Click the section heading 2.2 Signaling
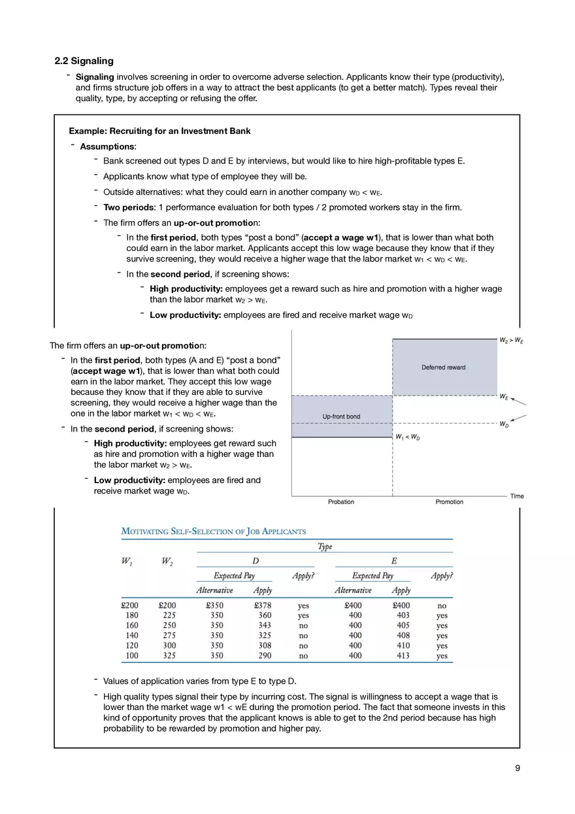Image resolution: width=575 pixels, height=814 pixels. click(x=84, y=61)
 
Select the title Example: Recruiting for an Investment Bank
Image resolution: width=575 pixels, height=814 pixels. click(x=159, y=131)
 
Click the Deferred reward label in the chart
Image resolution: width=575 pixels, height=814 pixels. click(x=443, y=367)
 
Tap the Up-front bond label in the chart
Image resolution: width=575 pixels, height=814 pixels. click(x=341, y=416)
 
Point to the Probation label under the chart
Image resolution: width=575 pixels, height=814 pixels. click(x=340, y=502)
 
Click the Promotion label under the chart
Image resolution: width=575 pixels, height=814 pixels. click(x=449, y=502)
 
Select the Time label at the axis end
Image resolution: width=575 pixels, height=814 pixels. click(x=517, y=496)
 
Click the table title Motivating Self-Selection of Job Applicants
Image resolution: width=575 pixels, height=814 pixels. click(x=213, y=532)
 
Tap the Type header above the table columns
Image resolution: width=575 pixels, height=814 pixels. click(x=324, y=547)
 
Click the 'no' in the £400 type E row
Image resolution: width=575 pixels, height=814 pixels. click(x=442, y=605)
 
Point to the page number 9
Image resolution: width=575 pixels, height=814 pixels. click(x=517, y=768)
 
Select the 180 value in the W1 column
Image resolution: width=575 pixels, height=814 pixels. click(x=131, y=615)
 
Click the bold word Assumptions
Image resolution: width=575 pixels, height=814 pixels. click(x=107, y=146)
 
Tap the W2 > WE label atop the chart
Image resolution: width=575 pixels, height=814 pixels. click(x=512, y=340)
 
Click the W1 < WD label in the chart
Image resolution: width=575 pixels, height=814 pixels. click(x=407, y=437)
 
